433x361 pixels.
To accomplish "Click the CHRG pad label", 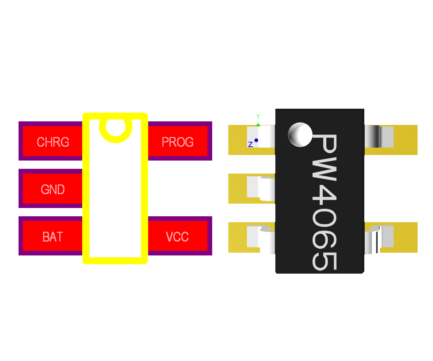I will coord(53,142).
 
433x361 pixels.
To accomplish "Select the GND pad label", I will coord(53,189).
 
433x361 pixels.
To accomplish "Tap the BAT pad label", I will coord(53,237).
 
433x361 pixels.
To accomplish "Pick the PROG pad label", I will coord(178,142).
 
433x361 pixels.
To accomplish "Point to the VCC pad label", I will coord(177,237).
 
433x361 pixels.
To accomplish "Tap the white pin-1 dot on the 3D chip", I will coord(300,134).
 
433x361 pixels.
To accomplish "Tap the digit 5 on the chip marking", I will coord(325,261).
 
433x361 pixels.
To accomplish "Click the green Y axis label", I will coord(258,116).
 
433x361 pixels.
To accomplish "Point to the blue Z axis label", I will coord(250,145).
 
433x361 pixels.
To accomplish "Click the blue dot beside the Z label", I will coord(256,140).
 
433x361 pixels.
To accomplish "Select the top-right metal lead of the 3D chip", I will coord(379,136).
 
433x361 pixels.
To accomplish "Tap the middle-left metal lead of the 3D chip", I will coord(261,187).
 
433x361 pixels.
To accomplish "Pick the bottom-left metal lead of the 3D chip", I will coord(261,238).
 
